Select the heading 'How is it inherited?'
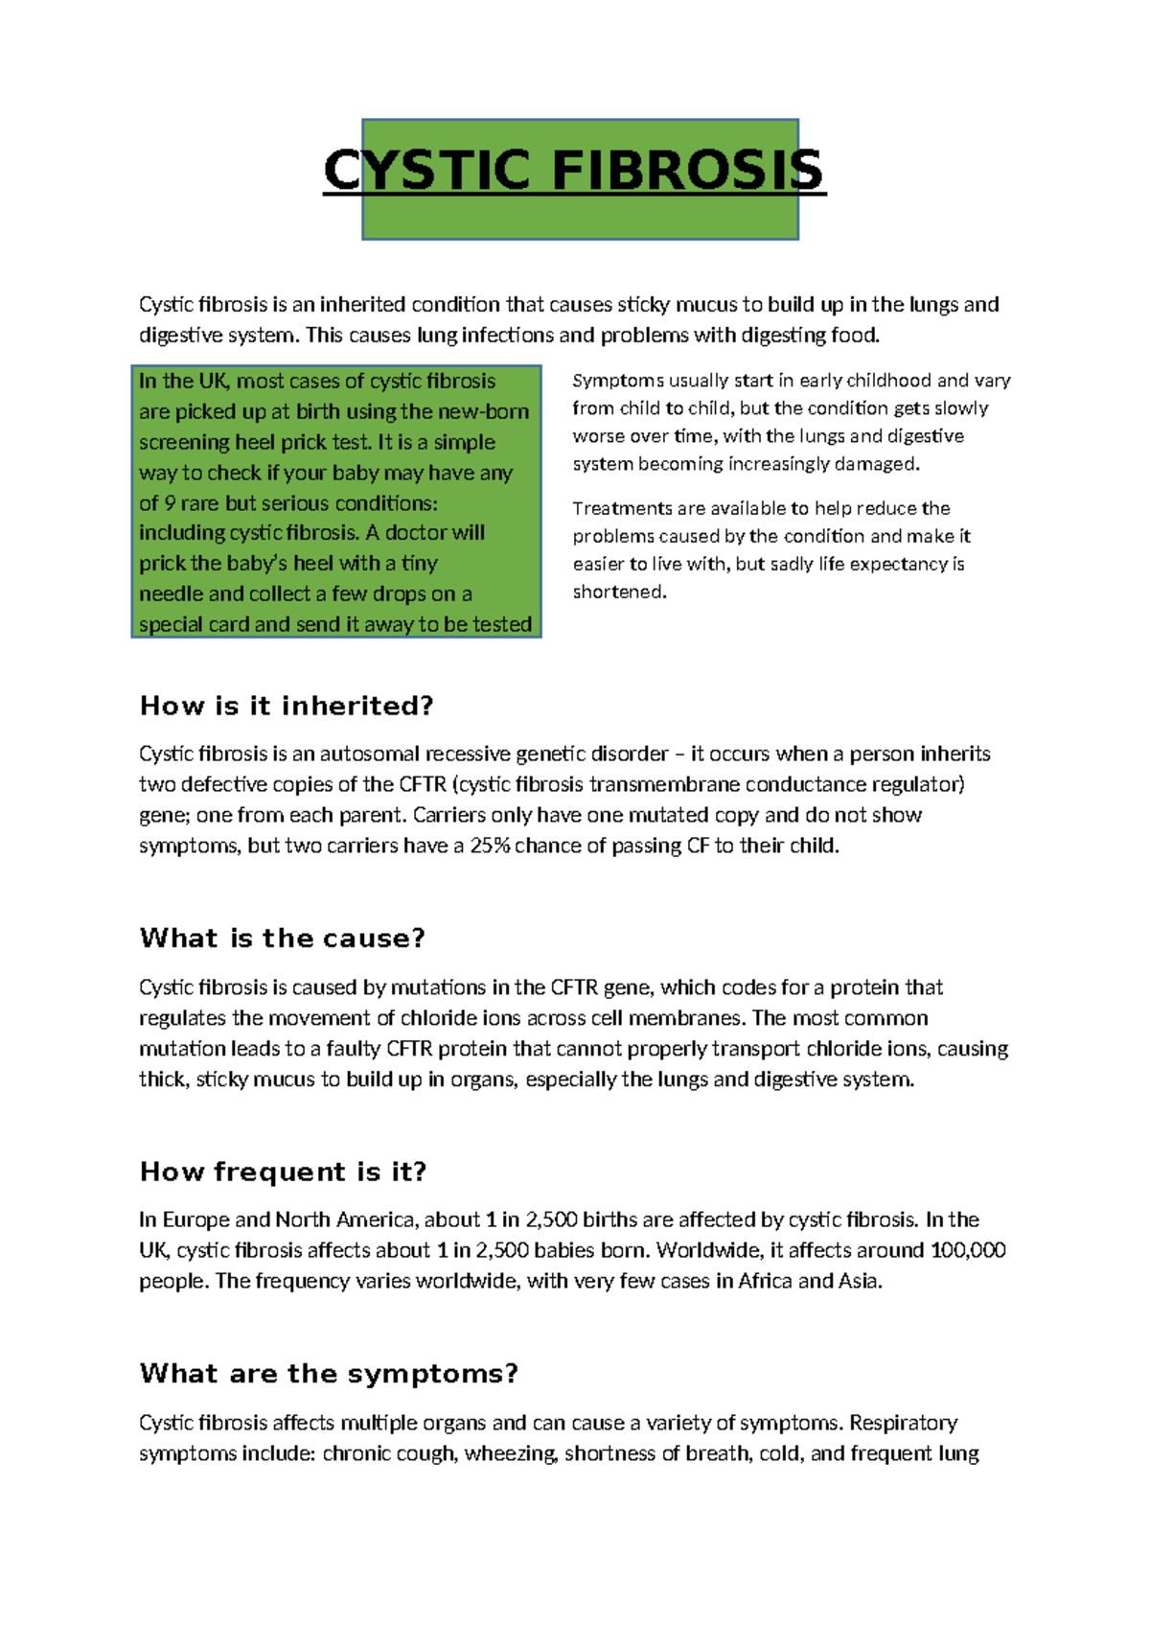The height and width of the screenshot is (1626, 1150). pyautogui.click(x=287, y=707)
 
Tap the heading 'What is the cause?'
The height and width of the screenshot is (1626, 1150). pyautogui.click(x=282, y=939)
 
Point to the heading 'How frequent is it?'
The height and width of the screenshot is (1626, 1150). pyautogui.click(x=283, y=1173)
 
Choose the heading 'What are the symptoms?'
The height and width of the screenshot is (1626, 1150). pyautogui.click(x=329, y=1374)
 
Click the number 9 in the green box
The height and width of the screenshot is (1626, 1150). pyautogui.click(x=170, y=503)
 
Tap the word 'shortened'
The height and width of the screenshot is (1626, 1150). pyautogui.click(x=618, y=592)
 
